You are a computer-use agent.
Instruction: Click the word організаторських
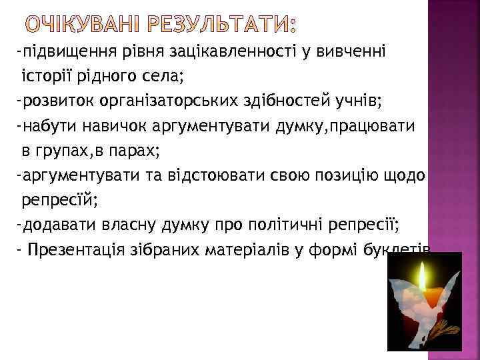tap(154, 101)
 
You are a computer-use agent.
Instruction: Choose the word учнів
tap(357, 101)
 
